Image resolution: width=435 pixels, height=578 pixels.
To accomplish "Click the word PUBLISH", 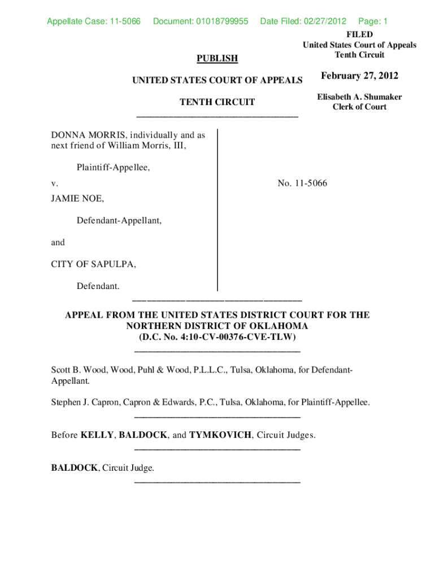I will pos(217,58).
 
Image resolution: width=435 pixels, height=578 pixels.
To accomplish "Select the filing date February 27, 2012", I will pos(359,76).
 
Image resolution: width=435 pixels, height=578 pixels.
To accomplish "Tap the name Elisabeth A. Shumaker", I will pos(359,97).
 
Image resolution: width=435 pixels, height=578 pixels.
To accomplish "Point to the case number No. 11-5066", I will pos(302,183).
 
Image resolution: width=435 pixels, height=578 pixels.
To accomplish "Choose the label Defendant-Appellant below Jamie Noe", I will pos(119,221).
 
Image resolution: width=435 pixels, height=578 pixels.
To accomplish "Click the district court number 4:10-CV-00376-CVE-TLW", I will pos(238,337).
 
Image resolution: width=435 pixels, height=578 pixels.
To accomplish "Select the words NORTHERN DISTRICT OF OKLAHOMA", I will pos(217,326).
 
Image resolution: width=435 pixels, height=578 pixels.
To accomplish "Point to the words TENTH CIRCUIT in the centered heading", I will pos(217,102).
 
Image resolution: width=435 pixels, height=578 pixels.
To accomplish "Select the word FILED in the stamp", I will pos(359,34).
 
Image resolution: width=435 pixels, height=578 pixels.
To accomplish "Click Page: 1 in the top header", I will pos(373,21).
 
